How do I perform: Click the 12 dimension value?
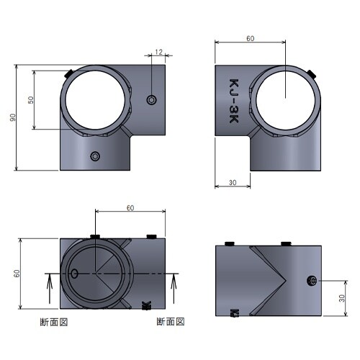point(159,52)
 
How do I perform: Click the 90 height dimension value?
point(13,117)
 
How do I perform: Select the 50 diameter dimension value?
point(31,100)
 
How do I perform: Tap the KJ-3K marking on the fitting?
point(234,101)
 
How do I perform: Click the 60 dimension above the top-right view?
point(250,38)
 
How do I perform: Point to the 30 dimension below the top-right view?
point(233,183)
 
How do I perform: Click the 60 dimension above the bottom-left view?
point(130,208)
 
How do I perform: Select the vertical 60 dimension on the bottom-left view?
point(17,274)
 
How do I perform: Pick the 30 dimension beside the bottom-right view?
point(342,298)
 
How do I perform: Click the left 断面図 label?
point(54,322)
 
